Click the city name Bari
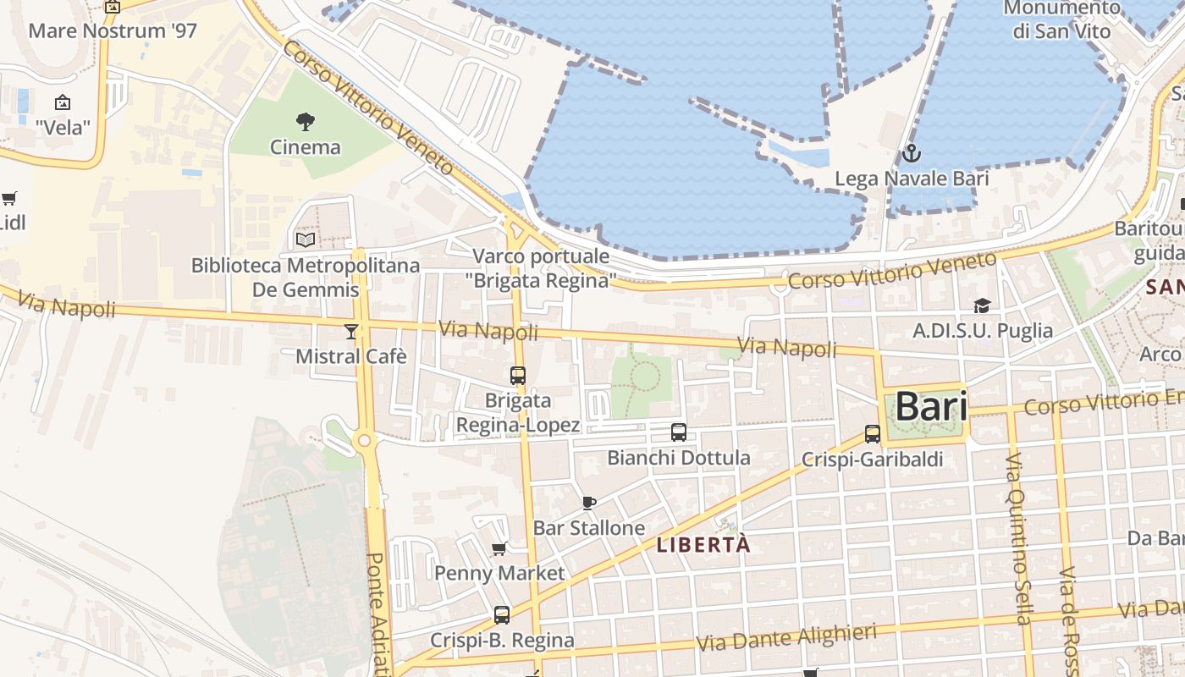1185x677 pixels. click(x=930, y=406)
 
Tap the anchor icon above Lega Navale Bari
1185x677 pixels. click(x=911, y=154)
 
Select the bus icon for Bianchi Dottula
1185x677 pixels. click(x=678, y=432)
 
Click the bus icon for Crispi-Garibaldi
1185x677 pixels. click(x=873, y=434)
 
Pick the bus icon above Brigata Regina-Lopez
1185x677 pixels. click(x=517, y=375)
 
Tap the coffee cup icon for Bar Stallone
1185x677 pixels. click(x=589, y=503)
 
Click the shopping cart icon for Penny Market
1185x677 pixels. click(x=499, y=548)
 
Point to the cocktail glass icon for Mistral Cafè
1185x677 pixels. click(x=351, y=331)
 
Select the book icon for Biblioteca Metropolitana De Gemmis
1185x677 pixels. click(x=305, y=239)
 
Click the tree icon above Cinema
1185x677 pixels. click(x=306, y=121)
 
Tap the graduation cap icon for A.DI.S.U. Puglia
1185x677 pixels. click(x=982, y=305)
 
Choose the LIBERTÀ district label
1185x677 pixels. click(x=703, y=545)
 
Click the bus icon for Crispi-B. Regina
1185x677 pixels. click(x=502, y=615)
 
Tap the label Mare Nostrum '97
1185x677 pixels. click(x=113, y=31)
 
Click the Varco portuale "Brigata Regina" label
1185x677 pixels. click(x=540, y=267)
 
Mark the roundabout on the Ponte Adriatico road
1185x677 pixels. click(x=365, y=440)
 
